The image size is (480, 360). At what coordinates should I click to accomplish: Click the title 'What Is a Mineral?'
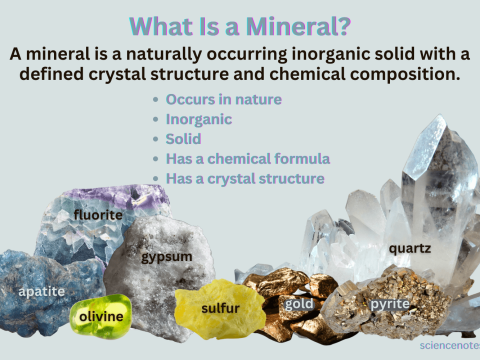[x=240, y=24]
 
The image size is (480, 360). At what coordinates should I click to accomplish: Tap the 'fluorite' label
[x=98, y=215]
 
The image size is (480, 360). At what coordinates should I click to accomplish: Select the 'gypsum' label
[x=166, y=257]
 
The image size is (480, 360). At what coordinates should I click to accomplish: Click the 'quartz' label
[x=410, y=247]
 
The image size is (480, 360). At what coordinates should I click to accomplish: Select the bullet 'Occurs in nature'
[x=224, y=101]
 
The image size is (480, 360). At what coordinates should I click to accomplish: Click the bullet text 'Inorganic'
[x=199, y=120]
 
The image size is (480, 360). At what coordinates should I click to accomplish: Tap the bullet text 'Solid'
[x=184, y=139]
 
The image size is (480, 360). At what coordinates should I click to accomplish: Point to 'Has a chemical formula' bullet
[x=247, y=158]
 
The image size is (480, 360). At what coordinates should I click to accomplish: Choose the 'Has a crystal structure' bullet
[x=245, y=178]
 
